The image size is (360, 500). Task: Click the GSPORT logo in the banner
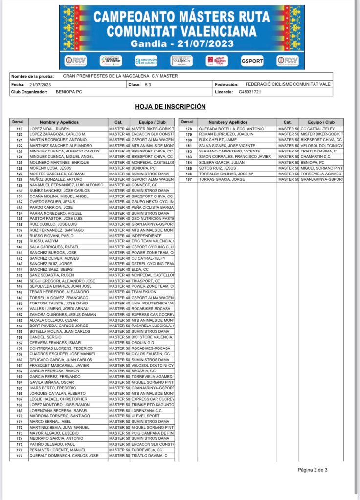252,61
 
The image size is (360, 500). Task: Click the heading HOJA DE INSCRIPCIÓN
170,107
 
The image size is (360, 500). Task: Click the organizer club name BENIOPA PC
69,92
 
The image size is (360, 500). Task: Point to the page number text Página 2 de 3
312,470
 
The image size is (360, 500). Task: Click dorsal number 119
19,129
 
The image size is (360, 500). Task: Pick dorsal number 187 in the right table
188,179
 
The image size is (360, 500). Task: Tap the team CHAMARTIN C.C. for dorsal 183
315,157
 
